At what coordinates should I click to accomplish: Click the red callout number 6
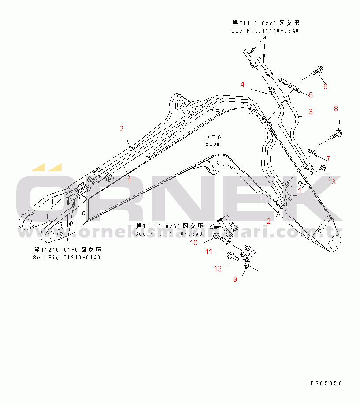325,86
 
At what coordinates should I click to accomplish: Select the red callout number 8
336,109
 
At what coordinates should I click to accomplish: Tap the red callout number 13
331,181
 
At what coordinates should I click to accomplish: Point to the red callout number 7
327,158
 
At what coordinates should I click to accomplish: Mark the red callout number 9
235,279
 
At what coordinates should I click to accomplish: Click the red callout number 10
194,243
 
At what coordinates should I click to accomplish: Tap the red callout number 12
218,269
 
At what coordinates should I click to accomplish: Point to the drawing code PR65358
326,383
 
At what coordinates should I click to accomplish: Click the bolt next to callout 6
317,70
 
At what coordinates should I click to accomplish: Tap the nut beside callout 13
323,168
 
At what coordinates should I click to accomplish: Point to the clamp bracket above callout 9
249,255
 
